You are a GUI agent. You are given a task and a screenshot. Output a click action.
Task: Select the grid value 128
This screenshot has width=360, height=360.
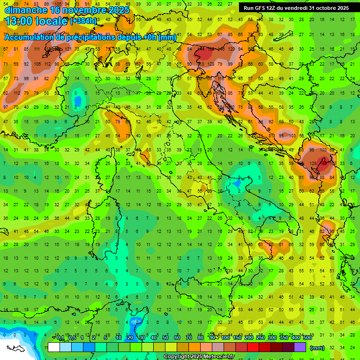pyautogui.click(x=211, y=63)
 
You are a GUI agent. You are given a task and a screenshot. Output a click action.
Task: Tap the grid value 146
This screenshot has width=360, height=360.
pyautogui.click(x=221, y=49)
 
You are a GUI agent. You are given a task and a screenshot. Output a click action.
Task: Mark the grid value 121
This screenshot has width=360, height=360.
pyautogui.click(x=69, y=49)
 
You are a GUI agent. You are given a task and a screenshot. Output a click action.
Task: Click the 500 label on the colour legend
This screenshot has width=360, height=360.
pyautogui.click(x=307, y=338)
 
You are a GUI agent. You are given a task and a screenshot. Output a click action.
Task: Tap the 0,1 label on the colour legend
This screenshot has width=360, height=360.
pyautogui.click(x=60, y=338)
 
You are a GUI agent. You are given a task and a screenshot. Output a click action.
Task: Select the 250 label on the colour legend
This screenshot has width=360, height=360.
pyautogui.click(x=260, y=338)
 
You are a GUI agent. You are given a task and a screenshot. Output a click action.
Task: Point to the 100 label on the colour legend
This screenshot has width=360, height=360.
pyautogui.click(x=225, y=338)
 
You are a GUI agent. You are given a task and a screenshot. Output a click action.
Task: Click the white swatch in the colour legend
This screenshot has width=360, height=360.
pyautogui.click(x=53, y=347)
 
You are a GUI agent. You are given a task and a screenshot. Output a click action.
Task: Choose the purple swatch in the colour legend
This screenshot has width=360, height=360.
pyautogui.click(x=300, y=347)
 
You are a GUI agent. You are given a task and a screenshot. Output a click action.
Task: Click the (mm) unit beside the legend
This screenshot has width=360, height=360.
pyautogui.click(x=317, y=347)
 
